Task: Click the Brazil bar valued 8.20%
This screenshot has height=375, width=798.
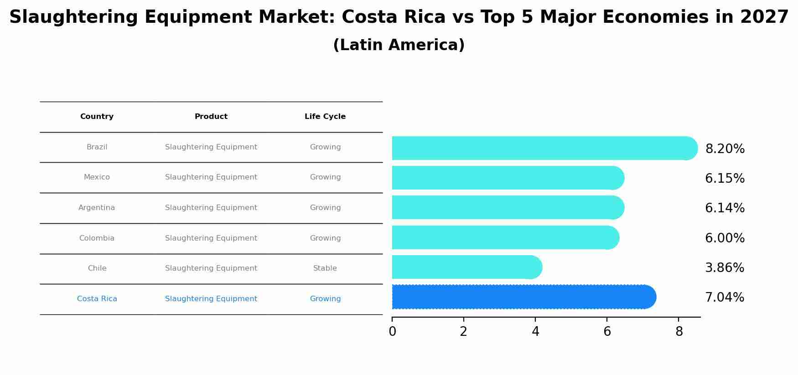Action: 543,148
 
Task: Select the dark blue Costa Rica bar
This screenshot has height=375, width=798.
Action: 522,297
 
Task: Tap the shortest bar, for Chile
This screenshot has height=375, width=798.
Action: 465,267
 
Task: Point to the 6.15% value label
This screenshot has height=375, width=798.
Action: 725,178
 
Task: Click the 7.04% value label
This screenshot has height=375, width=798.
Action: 725,297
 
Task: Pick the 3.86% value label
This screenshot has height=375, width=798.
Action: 725,267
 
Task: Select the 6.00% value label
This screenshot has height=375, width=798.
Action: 725,238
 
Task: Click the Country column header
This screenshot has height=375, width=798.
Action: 97,117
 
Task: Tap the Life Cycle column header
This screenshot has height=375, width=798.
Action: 325,117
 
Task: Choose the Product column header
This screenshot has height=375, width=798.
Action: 211,117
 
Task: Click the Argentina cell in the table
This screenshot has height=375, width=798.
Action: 97,208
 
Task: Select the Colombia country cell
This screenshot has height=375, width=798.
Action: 97,238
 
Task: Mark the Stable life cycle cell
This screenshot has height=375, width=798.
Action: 325,268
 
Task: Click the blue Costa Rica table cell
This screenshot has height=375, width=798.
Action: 97,299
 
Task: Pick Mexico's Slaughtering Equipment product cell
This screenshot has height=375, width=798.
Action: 211,177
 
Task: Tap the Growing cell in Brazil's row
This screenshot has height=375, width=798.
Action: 325,147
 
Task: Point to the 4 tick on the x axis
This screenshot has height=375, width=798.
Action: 535,331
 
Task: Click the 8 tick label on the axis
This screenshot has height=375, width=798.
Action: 679,331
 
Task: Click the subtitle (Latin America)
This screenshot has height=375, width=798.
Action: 399,45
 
